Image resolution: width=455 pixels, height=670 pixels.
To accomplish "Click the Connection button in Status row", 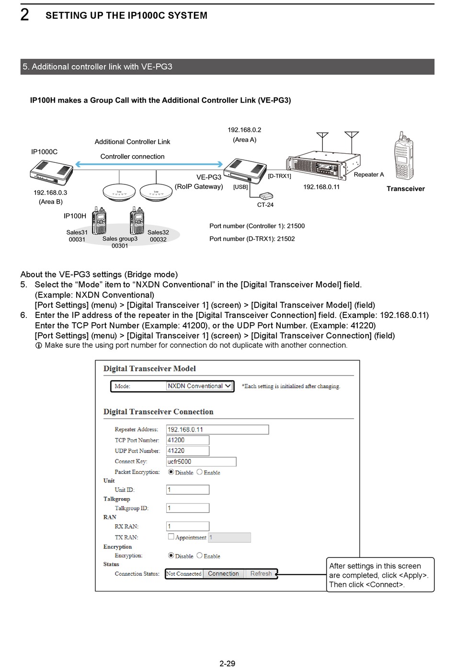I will click(223, 574).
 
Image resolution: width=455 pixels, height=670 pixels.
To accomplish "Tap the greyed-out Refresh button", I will click(261, 574).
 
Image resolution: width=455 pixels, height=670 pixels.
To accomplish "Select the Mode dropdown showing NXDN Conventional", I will click(199, 386).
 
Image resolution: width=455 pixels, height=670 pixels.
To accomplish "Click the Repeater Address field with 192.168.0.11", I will click(217, 430).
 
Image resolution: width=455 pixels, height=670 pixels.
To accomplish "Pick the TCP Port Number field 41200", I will click(187, 440).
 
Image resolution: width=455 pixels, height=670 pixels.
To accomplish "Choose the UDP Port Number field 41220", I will click(187, 451).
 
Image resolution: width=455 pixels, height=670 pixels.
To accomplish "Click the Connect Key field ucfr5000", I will click(201, 462).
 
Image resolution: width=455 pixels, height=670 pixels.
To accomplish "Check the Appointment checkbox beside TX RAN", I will click(171, 537).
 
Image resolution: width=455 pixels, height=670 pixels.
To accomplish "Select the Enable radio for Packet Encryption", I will click(200, 472).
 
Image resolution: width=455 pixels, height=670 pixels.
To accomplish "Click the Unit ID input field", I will click(187, 489).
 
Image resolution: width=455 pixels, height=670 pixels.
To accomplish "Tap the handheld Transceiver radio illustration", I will click(403, 156).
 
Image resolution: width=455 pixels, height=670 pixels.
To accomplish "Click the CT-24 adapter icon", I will click(266, 196).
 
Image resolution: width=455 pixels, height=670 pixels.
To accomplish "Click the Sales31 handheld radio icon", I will click(99, 221).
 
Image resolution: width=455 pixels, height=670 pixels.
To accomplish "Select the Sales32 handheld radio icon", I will click(137, 221).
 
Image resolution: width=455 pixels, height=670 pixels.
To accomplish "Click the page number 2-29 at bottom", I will click(227, 663).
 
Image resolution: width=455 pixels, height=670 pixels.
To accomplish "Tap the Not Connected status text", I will click(184, 574).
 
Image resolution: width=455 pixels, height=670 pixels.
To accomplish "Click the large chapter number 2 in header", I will click(25, 15).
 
